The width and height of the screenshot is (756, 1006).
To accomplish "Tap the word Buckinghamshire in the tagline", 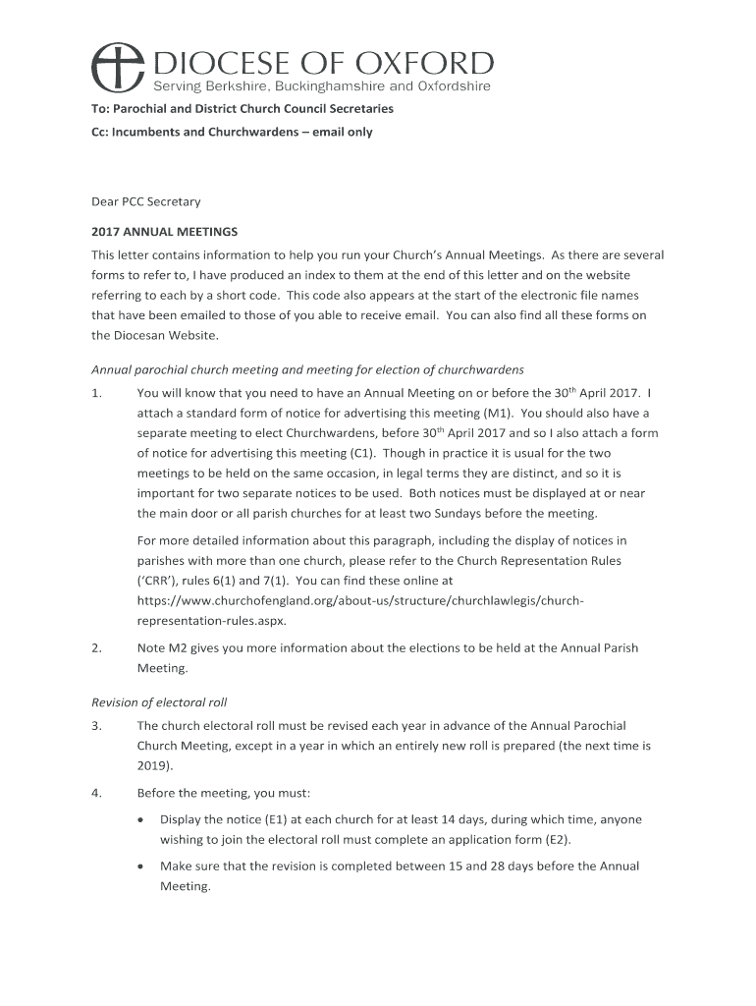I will coord(314,86).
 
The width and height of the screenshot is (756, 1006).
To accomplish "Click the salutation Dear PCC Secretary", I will coord(145,201).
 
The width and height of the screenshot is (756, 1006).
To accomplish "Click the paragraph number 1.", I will coord(96,393).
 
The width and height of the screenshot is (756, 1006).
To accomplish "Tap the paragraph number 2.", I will coord(96,647).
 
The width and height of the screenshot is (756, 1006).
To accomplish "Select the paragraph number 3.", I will coord(96,726).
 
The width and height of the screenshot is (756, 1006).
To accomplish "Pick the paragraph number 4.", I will coord(96,793).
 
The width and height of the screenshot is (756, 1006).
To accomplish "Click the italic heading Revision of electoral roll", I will coord(174,701).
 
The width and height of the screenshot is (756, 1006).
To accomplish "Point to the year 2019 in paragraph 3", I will coord(152,765).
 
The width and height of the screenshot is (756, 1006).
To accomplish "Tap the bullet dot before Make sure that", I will coord(144,866).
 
